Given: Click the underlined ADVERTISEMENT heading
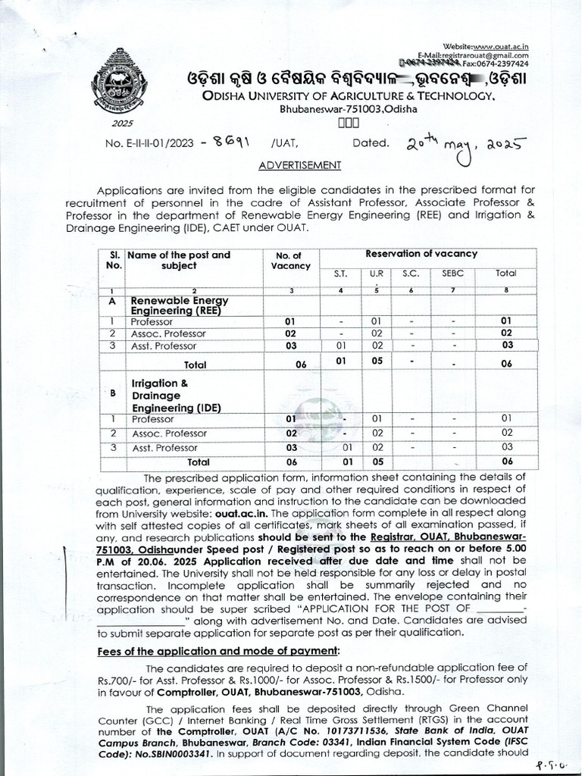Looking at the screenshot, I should pos(300,164).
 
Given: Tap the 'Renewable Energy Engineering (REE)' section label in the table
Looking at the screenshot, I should pos(180,306).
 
